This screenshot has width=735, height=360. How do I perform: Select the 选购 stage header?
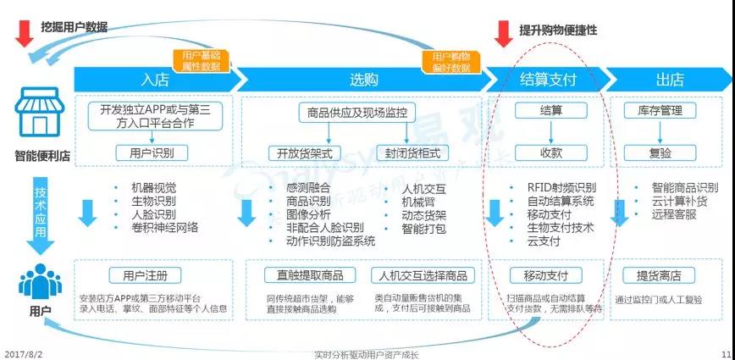pos(364,80)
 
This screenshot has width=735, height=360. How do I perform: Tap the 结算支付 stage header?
pos(547,80)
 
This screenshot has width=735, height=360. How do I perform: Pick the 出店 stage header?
pos(669,80)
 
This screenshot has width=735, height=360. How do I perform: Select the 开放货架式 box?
pos(304,153)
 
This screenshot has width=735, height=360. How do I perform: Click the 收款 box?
pos(551,153)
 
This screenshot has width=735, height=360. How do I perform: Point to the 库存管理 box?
pos(660,111)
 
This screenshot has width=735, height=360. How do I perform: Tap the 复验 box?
pos(660,153)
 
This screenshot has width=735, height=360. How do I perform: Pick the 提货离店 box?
pos(659,275)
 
